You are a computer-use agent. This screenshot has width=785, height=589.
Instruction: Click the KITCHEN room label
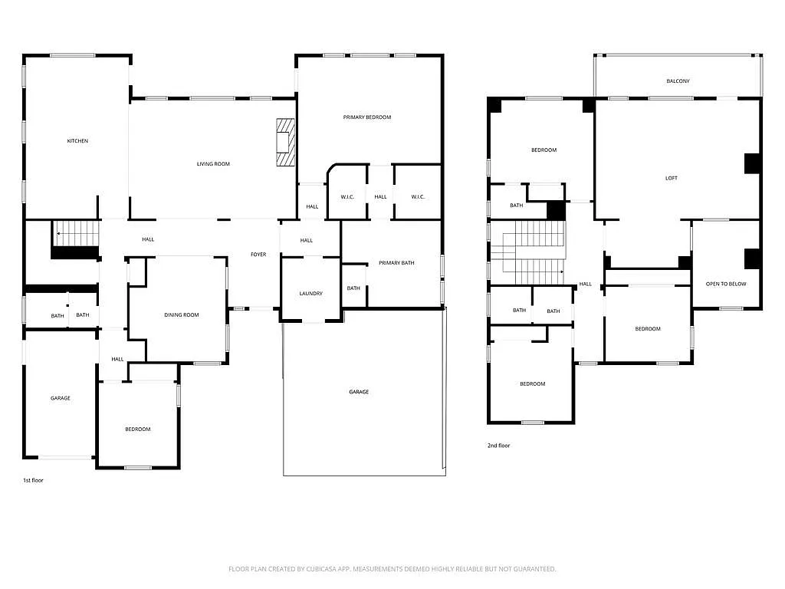pos(77,141)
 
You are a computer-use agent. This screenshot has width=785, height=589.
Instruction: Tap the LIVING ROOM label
pos(213,164)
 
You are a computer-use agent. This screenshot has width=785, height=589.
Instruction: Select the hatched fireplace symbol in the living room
pos(285,142)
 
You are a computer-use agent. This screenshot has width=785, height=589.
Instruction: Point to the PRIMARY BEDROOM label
pos(366,117)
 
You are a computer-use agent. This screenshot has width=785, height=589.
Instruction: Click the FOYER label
pos(258,255)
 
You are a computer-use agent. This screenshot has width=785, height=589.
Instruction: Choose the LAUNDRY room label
pos(310,294)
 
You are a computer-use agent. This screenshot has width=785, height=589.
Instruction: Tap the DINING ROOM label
pos(181,315)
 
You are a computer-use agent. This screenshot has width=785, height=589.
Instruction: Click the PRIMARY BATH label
pos(396,263)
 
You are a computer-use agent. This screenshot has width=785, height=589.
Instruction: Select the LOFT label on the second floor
pos(671,179)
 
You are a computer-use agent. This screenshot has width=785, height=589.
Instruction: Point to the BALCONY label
pos(678,81)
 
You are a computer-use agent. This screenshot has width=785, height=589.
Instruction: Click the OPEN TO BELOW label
pos(725,285)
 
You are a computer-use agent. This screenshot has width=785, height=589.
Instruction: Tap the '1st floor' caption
pos(33,480)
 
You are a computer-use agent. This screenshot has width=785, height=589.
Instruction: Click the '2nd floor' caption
pos(498,446)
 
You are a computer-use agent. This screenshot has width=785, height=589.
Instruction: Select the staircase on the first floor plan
pos(77,234)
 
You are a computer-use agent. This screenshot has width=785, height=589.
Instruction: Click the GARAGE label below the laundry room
pos(359,392)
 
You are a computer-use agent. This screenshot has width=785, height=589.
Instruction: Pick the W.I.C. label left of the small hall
pos(347,197)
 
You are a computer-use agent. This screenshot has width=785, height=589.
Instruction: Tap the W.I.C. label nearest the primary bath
pos(417,197)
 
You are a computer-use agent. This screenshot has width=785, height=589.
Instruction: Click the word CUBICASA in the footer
pos(318,569)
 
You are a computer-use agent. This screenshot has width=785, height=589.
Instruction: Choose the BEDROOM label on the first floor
pos(138,429)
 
